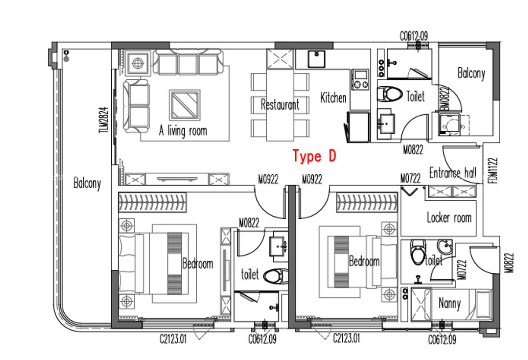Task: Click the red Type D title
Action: coord(314,156)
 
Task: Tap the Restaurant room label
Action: coord(280,105)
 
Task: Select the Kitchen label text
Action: coord(333,97)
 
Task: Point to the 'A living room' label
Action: coord(183,131)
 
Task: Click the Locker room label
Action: coord(449,217)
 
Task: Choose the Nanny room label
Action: coord(450,303)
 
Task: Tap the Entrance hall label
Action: coord(452,173)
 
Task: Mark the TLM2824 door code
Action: coord(103,120)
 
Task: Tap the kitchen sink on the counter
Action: coord(316,59)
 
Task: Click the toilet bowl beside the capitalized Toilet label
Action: coord(390,94)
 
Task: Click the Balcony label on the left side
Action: coord(87,183)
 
